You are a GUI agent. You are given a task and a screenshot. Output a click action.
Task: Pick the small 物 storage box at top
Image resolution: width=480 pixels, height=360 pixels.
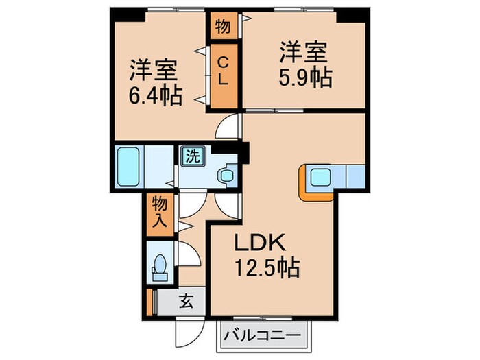point(223,27)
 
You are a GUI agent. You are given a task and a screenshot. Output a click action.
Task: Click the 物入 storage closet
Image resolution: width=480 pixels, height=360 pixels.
point(159,212)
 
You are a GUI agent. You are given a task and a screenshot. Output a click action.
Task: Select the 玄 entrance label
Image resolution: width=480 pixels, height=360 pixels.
point(186,300)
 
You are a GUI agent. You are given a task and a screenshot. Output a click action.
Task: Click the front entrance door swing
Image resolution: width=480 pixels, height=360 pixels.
point(187,333)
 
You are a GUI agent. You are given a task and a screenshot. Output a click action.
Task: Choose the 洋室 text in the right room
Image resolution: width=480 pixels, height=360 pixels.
point(304,51)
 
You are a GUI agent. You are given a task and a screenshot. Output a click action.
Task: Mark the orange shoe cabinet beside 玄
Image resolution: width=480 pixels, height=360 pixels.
point(149,300)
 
